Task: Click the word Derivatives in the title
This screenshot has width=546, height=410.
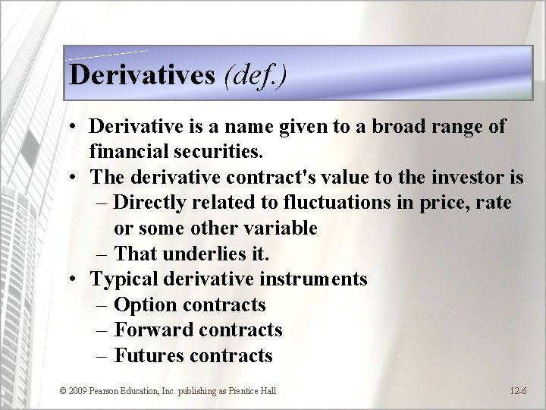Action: (x=142, y=74)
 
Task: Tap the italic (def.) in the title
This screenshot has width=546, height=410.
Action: (x=256, y=74)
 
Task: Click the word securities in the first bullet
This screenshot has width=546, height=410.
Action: (x=214, y=151)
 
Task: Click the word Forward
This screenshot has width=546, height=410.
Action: (x=154, y=330)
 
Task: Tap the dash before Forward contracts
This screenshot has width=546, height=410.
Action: (x=104, y=330)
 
